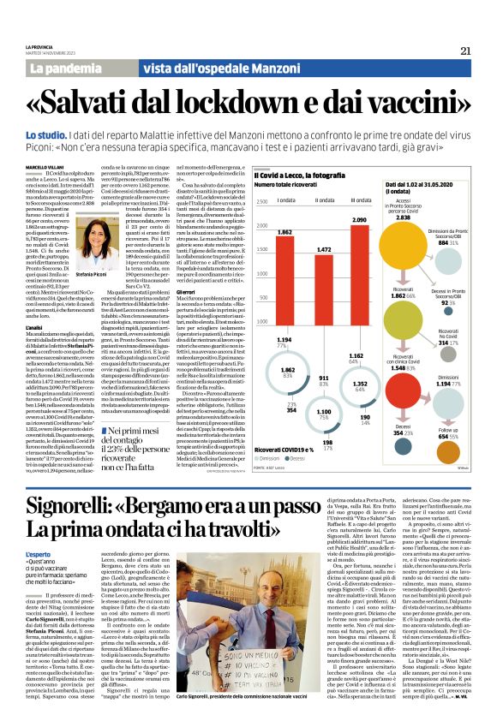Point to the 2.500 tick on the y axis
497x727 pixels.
pyautogui.click(x=237, y=202)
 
